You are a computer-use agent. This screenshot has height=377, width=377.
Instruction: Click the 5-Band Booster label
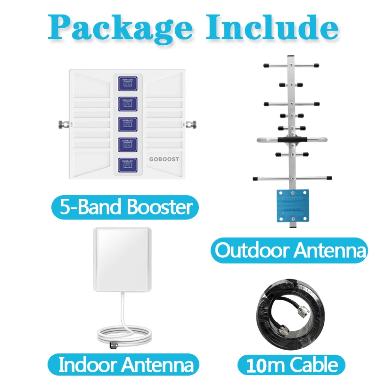tap(124, 207)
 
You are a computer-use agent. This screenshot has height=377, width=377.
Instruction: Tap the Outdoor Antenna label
tap(289, 250)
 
